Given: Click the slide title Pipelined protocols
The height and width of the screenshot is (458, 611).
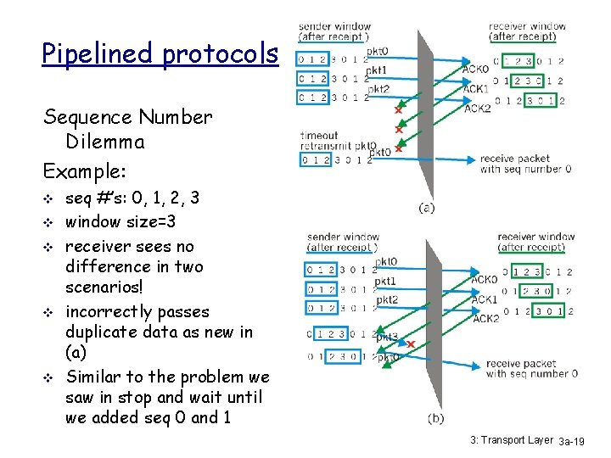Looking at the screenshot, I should pos(160,54).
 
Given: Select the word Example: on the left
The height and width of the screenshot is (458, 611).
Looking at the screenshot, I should pos(85,170).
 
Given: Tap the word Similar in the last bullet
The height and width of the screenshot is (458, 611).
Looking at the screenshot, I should pos(95,377).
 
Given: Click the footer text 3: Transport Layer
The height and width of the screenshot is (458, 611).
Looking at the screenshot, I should pos(512,439).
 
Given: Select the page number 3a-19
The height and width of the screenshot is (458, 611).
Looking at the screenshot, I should pos(580,441).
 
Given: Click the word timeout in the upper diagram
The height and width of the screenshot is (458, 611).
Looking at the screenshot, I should pos(319,135).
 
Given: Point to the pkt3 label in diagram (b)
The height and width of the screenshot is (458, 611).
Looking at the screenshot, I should pos(386,336).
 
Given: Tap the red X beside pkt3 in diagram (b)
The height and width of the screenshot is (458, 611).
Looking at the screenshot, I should pos(411,344).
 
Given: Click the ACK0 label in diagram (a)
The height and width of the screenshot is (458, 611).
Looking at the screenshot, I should pos(475,70).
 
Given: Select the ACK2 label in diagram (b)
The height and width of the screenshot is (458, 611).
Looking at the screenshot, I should pos(485,319).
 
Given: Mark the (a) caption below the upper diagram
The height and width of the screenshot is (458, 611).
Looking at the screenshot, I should pos(428,206).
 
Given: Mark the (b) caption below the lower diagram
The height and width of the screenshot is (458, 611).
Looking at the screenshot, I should pos(436,417).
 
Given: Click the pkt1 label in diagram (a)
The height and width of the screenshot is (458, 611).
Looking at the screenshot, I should pos(377,70).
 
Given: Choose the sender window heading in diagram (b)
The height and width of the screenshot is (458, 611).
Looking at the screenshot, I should pos(343,242).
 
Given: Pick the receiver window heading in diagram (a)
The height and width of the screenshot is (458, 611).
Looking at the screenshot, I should pos(527,31).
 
